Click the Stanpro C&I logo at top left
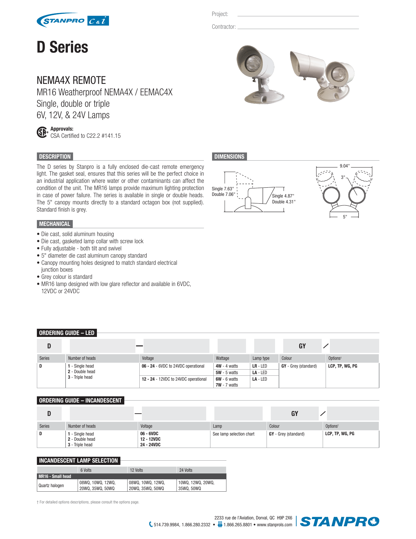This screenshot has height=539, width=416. (x=72, y=21)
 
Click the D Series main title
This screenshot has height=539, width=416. (x=62, y=47)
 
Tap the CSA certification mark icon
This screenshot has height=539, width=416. (x=42, y=133)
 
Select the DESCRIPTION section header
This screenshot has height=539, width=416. (x=55, y=157)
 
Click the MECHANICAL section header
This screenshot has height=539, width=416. (x=54, y=224)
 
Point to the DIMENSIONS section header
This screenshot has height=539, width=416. (x=229, y=157)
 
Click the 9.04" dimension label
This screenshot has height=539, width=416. (x=344, y=166)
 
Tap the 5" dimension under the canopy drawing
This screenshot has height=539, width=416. (x=345, y=217)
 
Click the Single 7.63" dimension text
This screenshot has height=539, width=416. (x=223, y=189)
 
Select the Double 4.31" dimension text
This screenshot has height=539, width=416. (x=284, y=202)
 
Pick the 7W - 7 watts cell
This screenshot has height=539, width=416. (x=227, y=385)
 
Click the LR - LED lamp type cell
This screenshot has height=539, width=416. (x=260, y=366)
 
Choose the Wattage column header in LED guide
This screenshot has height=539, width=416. (x=223, y=358)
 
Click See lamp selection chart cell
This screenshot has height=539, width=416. (x=234, y=434)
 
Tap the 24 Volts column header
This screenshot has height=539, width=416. (x=186, y=470)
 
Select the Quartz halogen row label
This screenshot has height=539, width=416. (x=51, y=485)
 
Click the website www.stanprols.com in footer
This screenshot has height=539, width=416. (x=274, y=525)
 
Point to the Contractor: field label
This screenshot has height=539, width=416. (x=223, y=27)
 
